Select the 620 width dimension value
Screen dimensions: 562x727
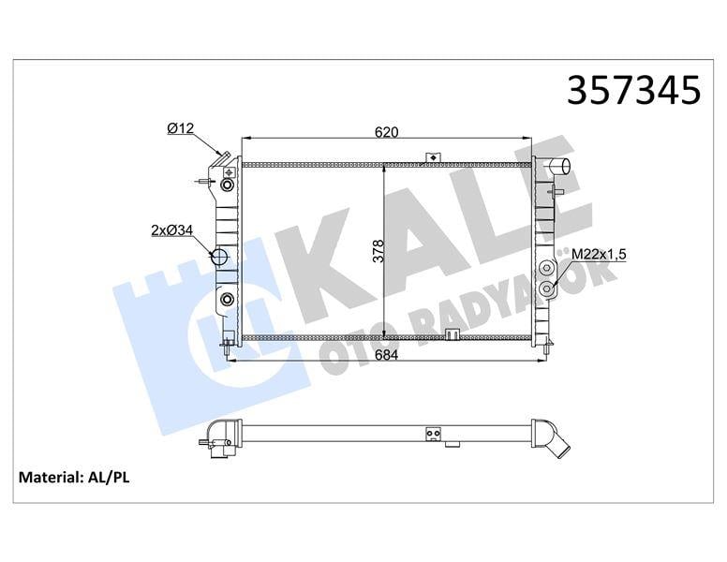tap(386, 133)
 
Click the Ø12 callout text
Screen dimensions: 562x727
tap(180, 128)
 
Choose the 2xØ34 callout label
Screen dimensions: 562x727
tap(171, 229)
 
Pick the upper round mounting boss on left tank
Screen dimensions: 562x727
tap(227, 184)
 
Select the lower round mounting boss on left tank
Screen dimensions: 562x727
tap(227, 300)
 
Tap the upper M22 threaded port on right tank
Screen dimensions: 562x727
tap(547, 268)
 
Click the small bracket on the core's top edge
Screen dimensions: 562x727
tap(432, 157)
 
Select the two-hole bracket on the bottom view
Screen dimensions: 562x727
tap(432, 433)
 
